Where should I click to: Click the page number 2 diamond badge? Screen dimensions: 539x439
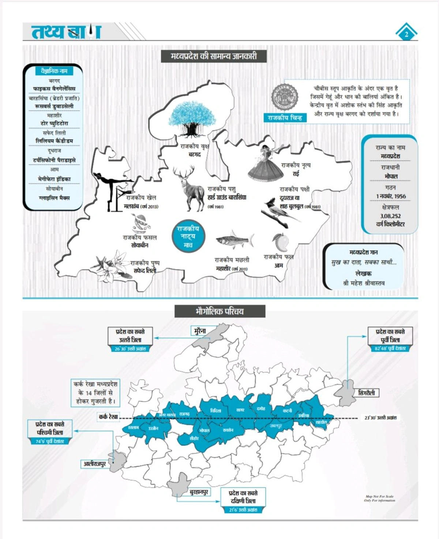(406, 34)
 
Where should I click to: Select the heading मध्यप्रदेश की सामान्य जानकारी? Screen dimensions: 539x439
(214, 56)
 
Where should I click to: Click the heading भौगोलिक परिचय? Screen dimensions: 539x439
(219, 312)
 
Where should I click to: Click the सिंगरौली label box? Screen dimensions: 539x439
(367, 393)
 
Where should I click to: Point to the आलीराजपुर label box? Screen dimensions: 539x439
(95, 464)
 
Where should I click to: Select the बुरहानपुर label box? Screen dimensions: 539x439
(199, 492)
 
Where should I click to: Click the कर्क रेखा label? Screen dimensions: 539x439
(108, 416)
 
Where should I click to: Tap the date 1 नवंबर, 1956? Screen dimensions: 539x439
(391, 196)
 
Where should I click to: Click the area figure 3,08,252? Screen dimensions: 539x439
(390, 216)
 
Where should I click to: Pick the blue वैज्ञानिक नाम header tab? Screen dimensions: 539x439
(54, 71)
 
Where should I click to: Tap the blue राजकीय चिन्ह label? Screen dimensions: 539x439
(285, 118)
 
